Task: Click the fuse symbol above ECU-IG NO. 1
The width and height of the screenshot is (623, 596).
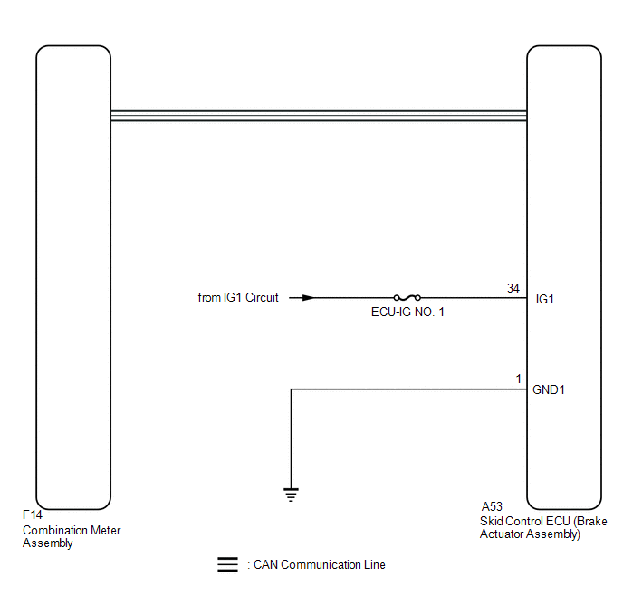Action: [x=407, y=298]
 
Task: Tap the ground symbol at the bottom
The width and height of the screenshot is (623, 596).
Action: [x=292, y=495]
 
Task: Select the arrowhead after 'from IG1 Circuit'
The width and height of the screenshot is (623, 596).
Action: [x=308, y=298]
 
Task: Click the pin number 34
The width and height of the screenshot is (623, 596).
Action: [x=513, y=288]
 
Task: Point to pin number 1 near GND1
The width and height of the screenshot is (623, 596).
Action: [x=518, y=379]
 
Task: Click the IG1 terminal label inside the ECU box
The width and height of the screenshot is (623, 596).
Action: [x=545, y=299]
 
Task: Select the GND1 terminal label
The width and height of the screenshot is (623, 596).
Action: [x=549, y=389]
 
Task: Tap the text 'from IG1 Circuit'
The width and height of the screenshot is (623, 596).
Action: [x=238, y=298]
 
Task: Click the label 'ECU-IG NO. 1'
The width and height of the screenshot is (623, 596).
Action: [x=407, y=312]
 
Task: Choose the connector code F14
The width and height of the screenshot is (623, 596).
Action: [x=33, y=515]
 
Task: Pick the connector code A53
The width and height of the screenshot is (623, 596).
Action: [x=492, y=506]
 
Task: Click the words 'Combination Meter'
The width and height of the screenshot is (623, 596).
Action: [x=72, y=531]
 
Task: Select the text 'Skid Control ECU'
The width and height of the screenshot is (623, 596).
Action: [x=525, y=522]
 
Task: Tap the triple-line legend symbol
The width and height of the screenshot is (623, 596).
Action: [x=227, y=564]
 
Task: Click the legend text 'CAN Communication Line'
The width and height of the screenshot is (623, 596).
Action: [x=320, y=564]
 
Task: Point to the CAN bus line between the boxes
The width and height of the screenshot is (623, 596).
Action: [x=319, y=115]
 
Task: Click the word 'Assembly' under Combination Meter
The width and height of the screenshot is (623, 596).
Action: [x=48, y=543]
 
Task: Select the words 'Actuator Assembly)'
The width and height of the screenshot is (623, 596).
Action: [x=530, y=534]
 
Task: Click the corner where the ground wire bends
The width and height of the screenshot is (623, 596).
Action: [x=292, y=389]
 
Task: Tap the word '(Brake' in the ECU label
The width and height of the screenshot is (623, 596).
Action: [x=590, y=522]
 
